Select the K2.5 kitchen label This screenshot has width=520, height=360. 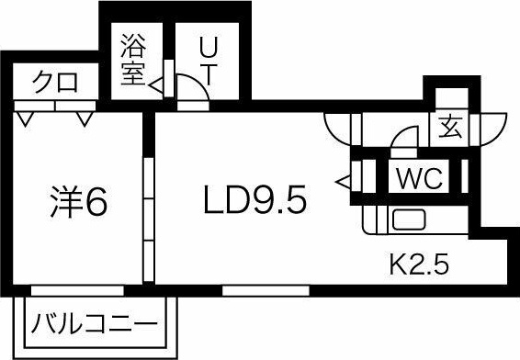pyautogui.click(x=419, y=266)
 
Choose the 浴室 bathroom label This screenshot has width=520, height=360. pyautogui.click(x=134, y=60)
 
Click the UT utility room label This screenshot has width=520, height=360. pyautogui.click(x=210, y=61)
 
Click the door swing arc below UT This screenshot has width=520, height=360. pyautogui.click(x=191, y=89)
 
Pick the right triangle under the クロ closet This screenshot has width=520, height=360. pyautogui.click(x=85, y=118)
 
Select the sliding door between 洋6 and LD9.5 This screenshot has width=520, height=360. pyautogui.click(x=149, y=216)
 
